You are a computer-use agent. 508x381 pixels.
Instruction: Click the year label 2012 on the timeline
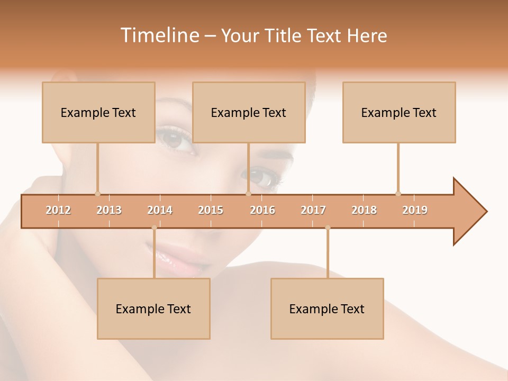(x=58, y=210)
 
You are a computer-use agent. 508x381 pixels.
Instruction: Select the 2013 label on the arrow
(x=109, y=210)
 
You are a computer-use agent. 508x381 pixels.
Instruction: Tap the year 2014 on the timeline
(x=160, y=210)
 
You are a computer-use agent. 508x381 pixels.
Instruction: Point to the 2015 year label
(x=211, y=210)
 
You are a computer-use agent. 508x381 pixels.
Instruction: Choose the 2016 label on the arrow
(x=262, y=210)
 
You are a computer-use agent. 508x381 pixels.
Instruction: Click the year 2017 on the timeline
(x=313, y=210)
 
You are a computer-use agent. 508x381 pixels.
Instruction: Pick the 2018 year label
(x=364, y=210)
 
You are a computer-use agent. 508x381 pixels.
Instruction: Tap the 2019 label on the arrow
(x=415, y=210)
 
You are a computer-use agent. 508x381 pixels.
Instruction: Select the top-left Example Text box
(x=98, y=112)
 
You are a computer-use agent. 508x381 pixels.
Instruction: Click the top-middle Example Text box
(x=249, y=112)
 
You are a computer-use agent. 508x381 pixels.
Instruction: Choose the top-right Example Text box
(x=399, y=112)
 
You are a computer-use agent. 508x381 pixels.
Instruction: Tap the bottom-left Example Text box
(x=153, y=309)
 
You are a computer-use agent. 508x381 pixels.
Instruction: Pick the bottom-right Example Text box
(x=327, y=309)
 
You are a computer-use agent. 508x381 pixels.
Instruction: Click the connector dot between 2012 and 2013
(x=97, y=194)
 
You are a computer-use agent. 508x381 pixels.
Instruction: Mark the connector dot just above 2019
(x=398, y=194)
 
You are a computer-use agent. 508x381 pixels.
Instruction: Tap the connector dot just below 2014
(x=154, y=228)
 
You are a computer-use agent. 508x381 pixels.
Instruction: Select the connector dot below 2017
(x=328, y=228)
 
